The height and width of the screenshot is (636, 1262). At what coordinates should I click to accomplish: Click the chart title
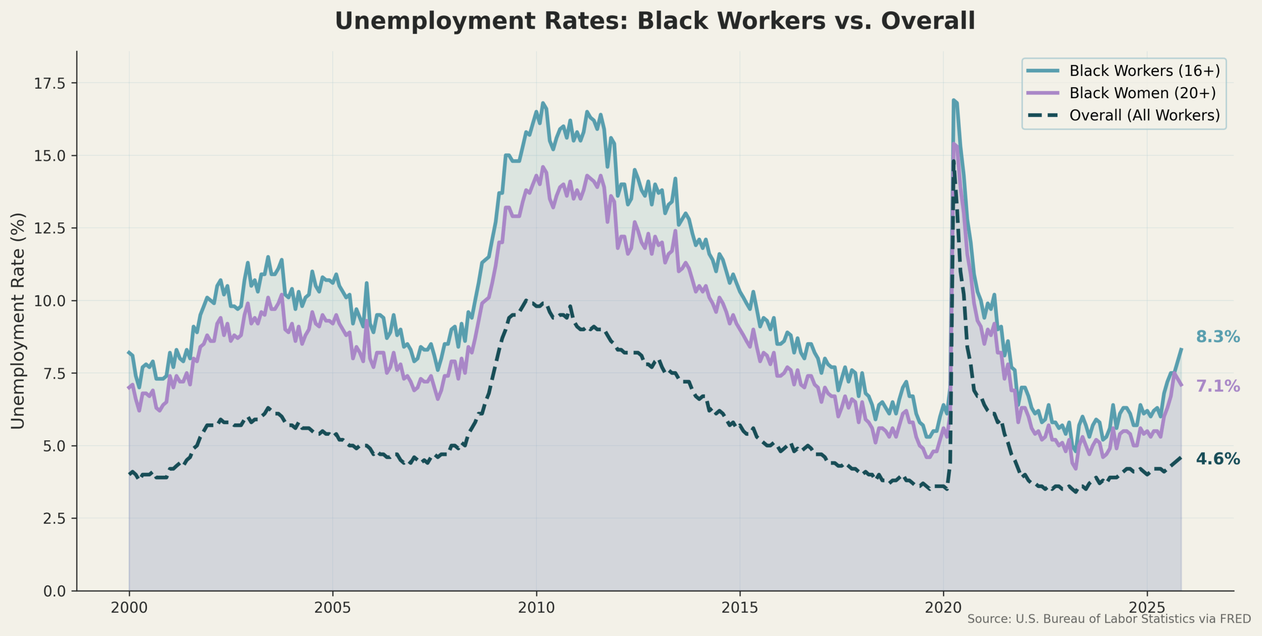[x=655, y=22]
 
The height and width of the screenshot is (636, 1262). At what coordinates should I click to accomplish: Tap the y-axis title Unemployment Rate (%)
[x=18, y=321]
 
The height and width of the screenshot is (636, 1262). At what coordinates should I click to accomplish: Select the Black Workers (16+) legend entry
[x=1144, y=71]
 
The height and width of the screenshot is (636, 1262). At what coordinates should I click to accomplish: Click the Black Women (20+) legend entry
[x=1142, y=93]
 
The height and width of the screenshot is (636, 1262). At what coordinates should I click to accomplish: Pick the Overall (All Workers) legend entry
[x=1144, y=115]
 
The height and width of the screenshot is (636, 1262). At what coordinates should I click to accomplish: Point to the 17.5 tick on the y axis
[x=49, y=83]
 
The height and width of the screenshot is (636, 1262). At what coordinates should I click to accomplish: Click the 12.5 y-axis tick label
[x=49, y=228]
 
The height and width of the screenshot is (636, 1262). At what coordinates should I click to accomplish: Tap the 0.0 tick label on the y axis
[x=54, y=591]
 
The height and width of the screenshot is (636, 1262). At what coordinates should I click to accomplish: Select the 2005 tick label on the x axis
[x=333, y=608]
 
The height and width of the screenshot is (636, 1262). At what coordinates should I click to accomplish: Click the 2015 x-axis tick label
[x=740, y=608]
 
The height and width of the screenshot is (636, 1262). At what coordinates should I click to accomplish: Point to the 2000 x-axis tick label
[x=129, y=608]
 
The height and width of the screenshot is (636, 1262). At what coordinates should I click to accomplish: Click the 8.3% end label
[x=1218, y=337]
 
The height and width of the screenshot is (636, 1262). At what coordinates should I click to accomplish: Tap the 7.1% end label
[x=1218, y=387]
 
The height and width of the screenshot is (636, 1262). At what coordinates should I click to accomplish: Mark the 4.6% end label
[x=1218, y=459]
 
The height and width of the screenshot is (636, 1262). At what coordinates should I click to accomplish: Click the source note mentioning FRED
[x=1109, y=619]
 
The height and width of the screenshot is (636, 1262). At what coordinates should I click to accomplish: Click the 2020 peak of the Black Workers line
[x=953, y=100]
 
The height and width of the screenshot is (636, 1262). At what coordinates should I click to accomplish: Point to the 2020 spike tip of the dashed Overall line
[x=953, y=161]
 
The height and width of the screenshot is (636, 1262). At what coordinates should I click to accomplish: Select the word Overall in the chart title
[x=928, y=22]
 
